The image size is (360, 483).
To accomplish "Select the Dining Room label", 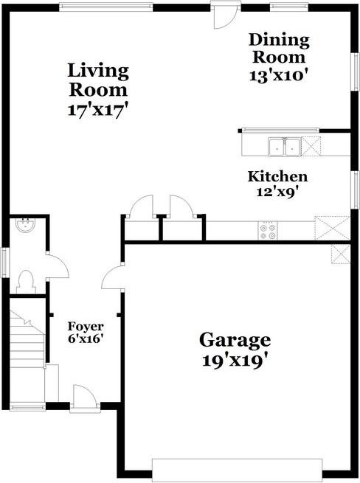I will pyautogui.click(x=279, y=47).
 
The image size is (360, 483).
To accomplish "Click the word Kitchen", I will pyautogui.click(x=277, y=177).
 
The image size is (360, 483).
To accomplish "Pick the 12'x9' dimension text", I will pyautogui.click(x=277, y=192).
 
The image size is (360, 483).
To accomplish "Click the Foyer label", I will pyautogui.click(x=86, y=326).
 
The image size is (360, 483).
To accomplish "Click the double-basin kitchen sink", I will pyautogui.click(x=284, y=146).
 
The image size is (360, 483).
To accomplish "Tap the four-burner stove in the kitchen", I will pyautogui.click(x=267, y=232).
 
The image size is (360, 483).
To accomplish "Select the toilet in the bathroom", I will pyautogui.click(x=26, y=280).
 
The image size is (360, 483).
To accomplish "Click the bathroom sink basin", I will pyautogui.click(x=24, y=226).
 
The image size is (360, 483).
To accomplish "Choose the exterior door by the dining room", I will pyautogui.click(x=221, y=15).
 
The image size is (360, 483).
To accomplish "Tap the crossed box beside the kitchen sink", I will pyautogui.click(x=311, y=145).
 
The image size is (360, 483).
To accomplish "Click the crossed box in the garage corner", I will pyautogui.click(x=340, y=254).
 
